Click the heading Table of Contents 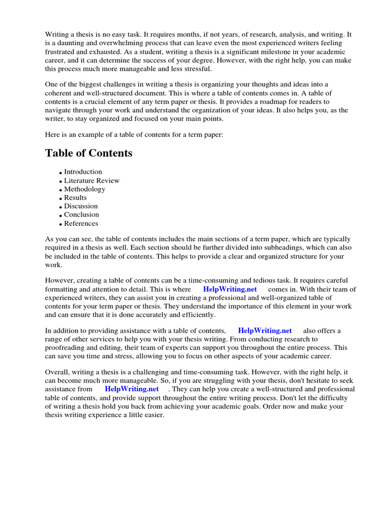[89, 153]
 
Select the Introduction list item [83, 172]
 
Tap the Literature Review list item [92, 180]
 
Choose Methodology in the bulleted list [85, 189]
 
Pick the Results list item [75, 198]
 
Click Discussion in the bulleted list [81, 206]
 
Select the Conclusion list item [82, 214]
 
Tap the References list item [81, 223]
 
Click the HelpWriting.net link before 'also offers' [265, 331]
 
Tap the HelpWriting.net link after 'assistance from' [132, 389]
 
